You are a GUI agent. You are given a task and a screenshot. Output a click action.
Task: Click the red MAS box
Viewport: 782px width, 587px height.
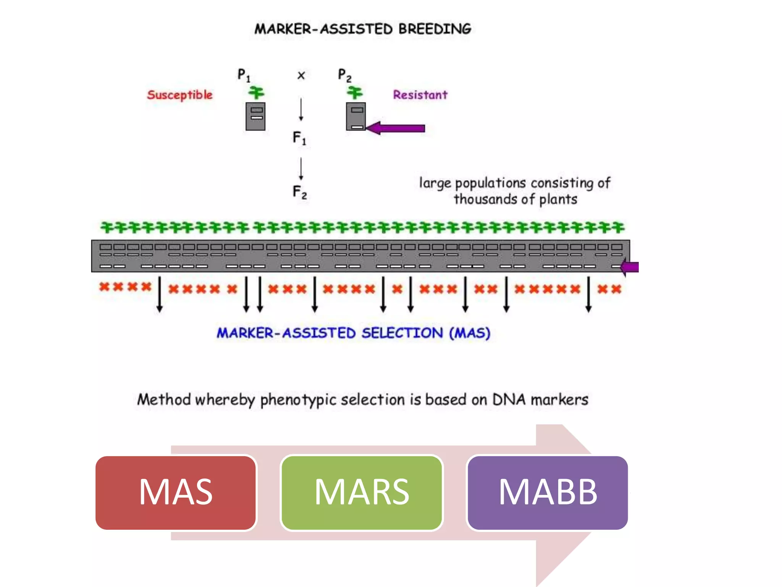pyautogui.click(x=176, y=492)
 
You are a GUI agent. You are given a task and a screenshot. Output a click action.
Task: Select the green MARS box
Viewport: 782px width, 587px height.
pyautogui.click(x=362, y=492)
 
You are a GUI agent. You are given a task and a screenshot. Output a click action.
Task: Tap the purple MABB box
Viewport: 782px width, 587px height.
pyautogui.click(x=548, y=492)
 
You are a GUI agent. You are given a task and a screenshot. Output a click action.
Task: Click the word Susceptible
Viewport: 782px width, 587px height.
pyautogui.click(x=179, y=95)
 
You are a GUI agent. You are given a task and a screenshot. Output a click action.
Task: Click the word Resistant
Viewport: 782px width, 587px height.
pyautogui.click(x=420, y=95)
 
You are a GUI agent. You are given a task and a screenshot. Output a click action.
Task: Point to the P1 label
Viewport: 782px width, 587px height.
pyautogui.click(x=244, y=75)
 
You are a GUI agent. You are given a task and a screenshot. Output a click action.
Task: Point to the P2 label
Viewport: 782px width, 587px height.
pyautogui.click(x=344, y=75)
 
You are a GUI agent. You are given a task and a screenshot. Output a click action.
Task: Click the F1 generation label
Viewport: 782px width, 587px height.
pyautogui.click(x=299, y=138)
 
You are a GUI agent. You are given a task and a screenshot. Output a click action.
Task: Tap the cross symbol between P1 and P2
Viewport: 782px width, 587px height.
pyautogui.click(x=301, y=75)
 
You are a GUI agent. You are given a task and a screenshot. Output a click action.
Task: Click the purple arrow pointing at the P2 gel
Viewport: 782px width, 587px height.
pyautogui.click(x=397, y=128)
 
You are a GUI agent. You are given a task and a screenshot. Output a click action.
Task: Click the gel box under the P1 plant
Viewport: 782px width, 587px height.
pyautogui.click(x=255, y=116)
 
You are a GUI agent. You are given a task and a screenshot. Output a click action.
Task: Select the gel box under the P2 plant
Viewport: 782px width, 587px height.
pyautogui.click(x=356, y=116)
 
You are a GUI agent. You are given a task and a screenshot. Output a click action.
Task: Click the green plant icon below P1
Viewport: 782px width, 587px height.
pyautogui.click(x=256, y=92)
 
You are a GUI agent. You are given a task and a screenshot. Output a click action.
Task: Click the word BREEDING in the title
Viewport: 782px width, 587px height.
pyautogui.click(x=435, y=29)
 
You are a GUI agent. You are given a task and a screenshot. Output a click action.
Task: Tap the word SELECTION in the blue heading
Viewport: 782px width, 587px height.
pyautogui.click(x=402, y=333)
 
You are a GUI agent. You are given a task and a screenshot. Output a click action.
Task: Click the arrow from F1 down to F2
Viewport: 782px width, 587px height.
pyautogui.click(x=301, y=169)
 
